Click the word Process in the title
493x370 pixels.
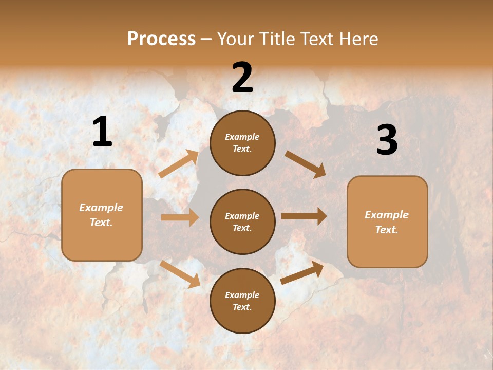[x=161, y=39]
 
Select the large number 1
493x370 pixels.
[x=102, y=132]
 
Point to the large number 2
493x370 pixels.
[x=242, y=78]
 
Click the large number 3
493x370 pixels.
[x=387, y=140]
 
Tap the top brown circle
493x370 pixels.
[x=242, y=143]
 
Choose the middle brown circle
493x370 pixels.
[x=242, y=221]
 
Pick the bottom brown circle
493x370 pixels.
[x=242, y=301]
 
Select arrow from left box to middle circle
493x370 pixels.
[x=180, y=217]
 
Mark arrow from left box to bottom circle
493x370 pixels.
[x=180, y=274]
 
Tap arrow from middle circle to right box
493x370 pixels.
[x=304, y=216]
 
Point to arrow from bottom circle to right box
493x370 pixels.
[x=302, y=272]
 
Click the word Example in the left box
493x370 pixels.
[x=101, y=208]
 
